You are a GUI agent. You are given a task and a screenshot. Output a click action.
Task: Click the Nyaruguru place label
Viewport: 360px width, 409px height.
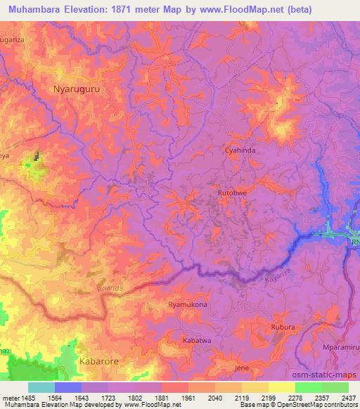coord(77,89)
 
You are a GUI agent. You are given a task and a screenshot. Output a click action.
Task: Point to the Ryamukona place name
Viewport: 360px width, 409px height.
coord(188,305)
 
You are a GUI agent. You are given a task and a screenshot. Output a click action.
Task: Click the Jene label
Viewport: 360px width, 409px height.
coord(242,368)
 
